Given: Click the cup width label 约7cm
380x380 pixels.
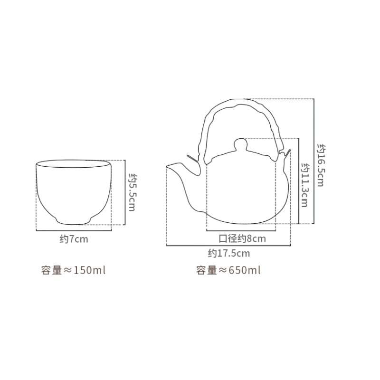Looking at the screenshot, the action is pyautogui.click(x=74, y=239).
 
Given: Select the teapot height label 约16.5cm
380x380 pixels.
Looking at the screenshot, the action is pyautogui.click(x=322, y=165).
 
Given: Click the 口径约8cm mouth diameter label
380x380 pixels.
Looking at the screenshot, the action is pyautogui.click(x=242, y=239).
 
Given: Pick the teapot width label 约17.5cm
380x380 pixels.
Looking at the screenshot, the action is pyautogui.click(x=229, y=254).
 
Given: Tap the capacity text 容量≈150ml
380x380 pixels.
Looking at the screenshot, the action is pyautogui.click(x=73, y=270).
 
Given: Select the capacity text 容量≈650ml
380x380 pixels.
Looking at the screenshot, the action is pyautogui.click(x=228, y=270).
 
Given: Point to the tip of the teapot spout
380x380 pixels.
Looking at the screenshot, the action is pyautogui.click(x=167, y=166).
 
